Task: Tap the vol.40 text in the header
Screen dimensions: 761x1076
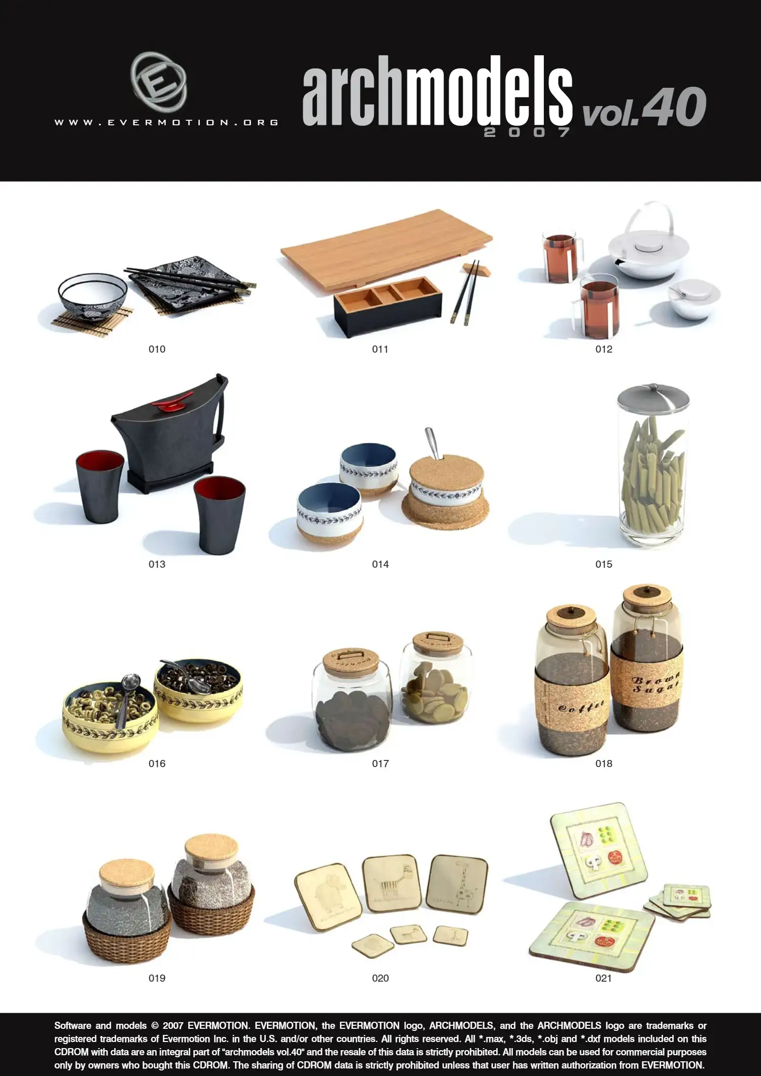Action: coord(644,107)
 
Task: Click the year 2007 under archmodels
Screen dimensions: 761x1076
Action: coord(527,132)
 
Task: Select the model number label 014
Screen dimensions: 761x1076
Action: coord(380,564)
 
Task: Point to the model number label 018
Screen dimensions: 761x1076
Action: coord(604,763)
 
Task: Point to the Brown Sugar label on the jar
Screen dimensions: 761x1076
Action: coord(654,683)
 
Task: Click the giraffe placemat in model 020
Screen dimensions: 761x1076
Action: coord(458,884)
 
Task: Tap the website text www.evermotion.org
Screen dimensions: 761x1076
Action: coord(166,122)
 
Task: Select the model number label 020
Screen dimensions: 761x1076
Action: coord(380,978)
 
